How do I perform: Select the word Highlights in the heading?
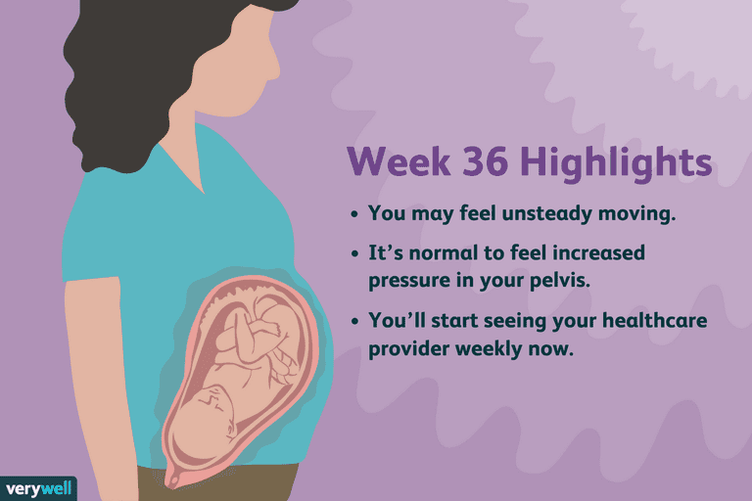coord(616,163)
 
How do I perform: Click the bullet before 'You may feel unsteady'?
coord(353,214)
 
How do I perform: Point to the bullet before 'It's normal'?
coord(353,253)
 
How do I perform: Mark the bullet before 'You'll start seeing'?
coord(353,321)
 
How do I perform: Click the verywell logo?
coord(38,489)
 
